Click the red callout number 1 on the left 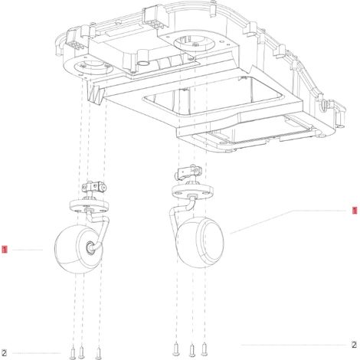coord(5,249)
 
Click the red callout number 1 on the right coord(355,211)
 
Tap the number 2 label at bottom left coord(4,353)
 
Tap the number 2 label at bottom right coord(354,345)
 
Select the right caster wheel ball coord(201,243)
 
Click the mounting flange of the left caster coord(90,205)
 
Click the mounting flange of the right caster coord(192,191)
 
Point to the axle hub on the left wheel coord(90,247)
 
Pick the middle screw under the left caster coord(81,352)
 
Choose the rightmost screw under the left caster coord(98,353)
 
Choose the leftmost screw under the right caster coord(175,349)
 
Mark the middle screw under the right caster coord(192,351)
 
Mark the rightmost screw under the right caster coord(204,349)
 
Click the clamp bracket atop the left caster coord(93,187)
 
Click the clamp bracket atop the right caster coord(188,172)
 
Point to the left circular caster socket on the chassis coord(93,67)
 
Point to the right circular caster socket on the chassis coord(195,43)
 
